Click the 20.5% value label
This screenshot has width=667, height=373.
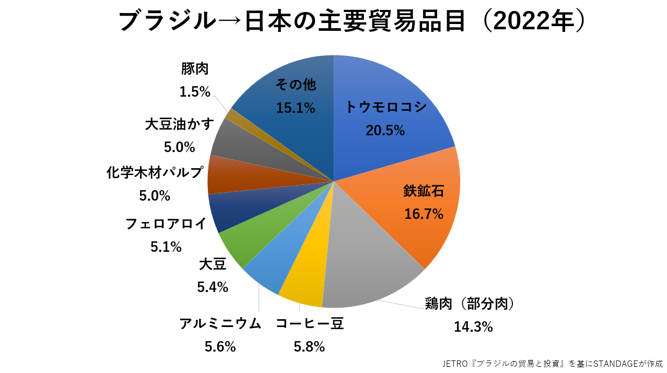coord(385,131)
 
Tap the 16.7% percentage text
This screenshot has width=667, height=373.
coord(424,214)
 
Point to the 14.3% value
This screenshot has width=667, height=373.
coord(473,327)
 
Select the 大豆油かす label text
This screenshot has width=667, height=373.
coord(180,125)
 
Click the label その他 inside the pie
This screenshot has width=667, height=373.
coord(296,84)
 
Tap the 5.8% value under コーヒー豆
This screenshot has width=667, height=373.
coord(309,346)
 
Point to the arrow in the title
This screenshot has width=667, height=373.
coord(230,22)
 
